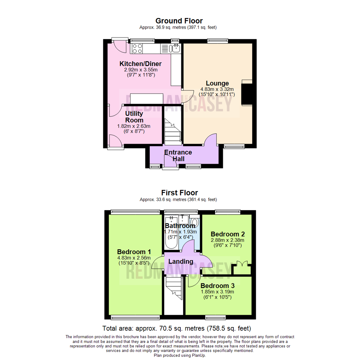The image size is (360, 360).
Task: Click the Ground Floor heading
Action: [x=179, y=21]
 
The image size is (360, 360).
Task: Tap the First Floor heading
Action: [x=179, y=193]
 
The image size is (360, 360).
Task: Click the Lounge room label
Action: [x=217, y=83]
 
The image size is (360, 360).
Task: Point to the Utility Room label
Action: [x=134, y=117]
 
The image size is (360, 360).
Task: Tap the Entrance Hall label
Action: [x=178, y=156]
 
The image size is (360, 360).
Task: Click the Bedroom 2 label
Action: [x=225, y=234]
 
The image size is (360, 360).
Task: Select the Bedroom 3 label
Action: [x=217, y=286]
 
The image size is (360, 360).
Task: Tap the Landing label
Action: [x=180, y=262]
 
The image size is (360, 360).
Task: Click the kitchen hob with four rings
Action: [x=137, y=49]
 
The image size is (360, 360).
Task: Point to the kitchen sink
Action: [x=175, y=49]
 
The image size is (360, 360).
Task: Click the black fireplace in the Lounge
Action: [x=246, y=93]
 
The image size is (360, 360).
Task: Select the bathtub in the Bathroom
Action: [x=171, y=233]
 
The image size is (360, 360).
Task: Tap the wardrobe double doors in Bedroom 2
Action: [x=242, y=268]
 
